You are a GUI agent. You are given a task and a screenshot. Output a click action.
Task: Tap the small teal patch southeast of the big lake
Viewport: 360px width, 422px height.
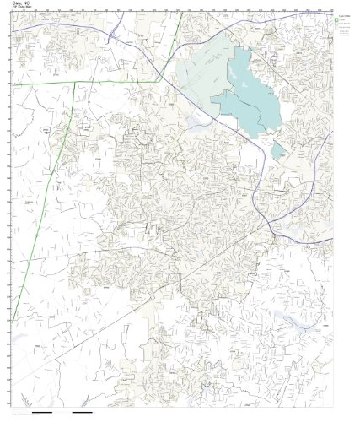[277, 149]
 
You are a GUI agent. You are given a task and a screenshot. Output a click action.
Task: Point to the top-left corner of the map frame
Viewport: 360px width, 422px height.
[7, 13]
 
